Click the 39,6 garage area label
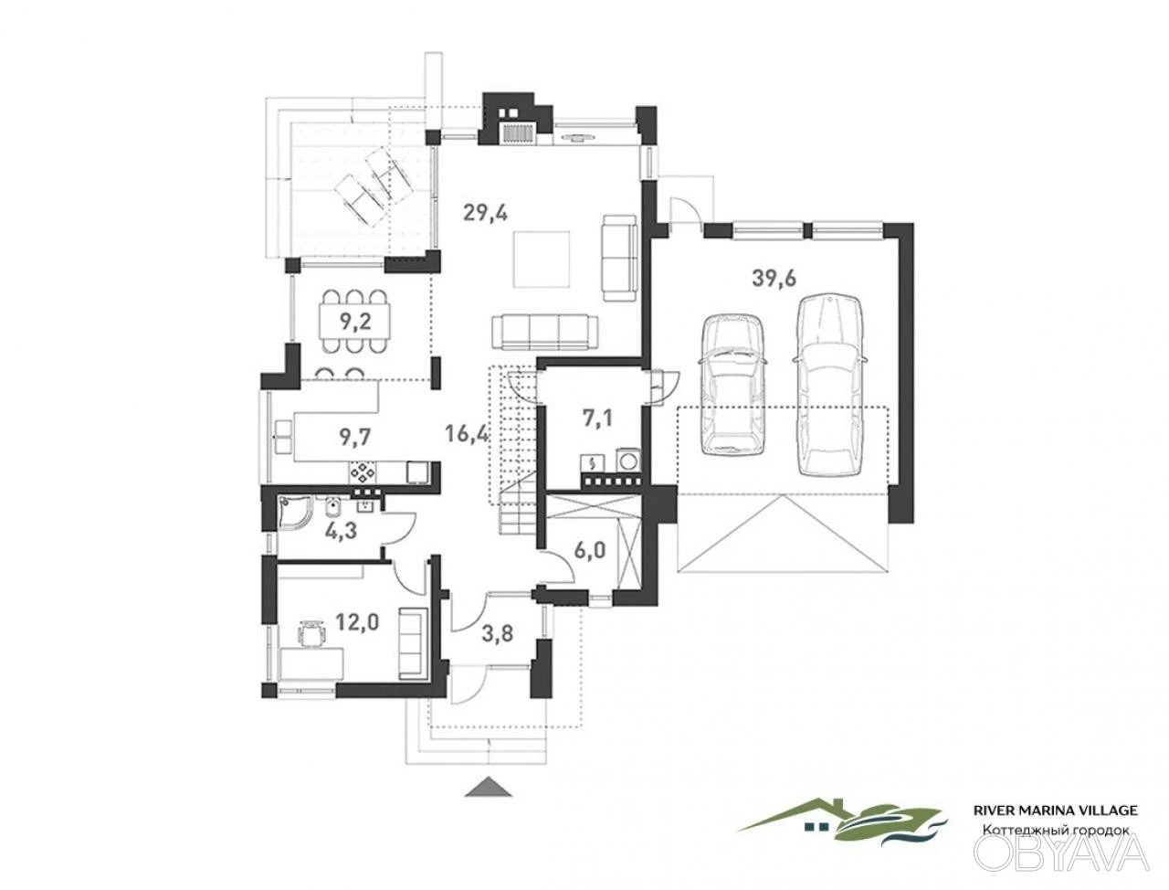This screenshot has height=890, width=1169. tap(774, 279)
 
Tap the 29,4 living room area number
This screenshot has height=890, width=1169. tap(485, 213)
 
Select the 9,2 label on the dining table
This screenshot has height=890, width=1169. tap(356, 322)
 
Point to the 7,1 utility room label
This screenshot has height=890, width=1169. tap(597, 419)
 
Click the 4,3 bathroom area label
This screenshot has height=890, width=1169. tap(341, 531)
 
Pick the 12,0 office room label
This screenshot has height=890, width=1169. tap(357, 621)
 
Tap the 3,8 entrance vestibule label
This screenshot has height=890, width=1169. tap(498, 634)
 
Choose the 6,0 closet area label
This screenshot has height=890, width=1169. tap(590, 550)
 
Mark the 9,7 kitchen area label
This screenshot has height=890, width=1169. tap(355, 438)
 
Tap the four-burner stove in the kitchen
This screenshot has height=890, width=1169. tap(363, 471)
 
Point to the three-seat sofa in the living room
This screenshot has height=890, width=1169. tap(544, 332)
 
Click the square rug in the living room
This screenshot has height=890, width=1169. tap(541, 259)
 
